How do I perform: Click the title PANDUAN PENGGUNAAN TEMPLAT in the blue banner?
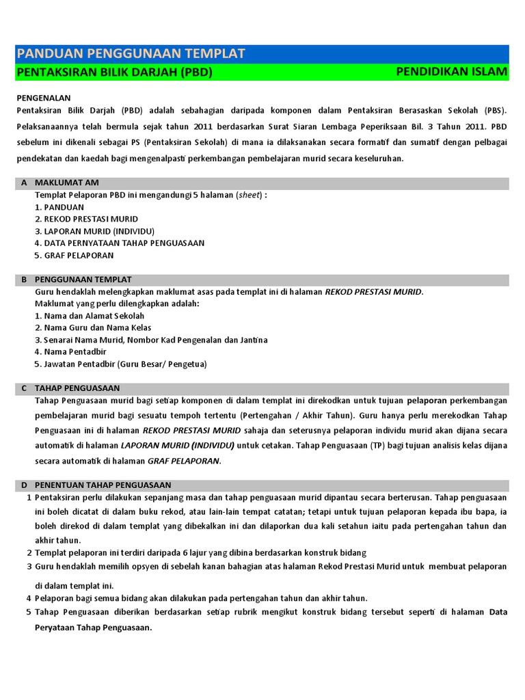click(x=131, y=54)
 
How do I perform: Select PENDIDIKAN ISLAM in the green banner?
click(x=451, y=72)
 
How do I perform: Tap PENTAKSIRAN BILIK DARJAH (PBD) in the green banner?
click(x=114, y=72)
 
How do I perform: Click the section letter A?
click(x=24, y=183)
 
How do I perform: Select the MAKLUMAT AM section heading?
click(x=66, y=183)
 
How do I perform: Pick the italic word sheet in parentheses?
click(x=249, y=195)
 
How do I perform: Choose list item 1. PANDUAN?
click(x=59, y=206)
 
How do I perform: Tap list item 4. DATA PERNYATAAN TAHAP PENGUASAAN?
click(x=120, y=243)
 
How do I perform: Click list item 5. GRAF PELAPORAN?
click(x=75, y=255)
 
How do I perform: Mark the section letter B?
click(x=24, y=280)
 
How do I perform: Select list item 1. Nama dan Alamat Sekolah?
click(x=90, y=316)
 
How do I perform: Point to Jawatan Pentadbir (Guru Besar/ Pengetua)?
click(x=120, y=364)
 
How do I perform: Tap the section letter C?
click(x=24, y=388)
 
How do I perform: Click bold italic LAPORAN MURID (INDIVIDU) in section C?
click(x=178, y=445)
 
